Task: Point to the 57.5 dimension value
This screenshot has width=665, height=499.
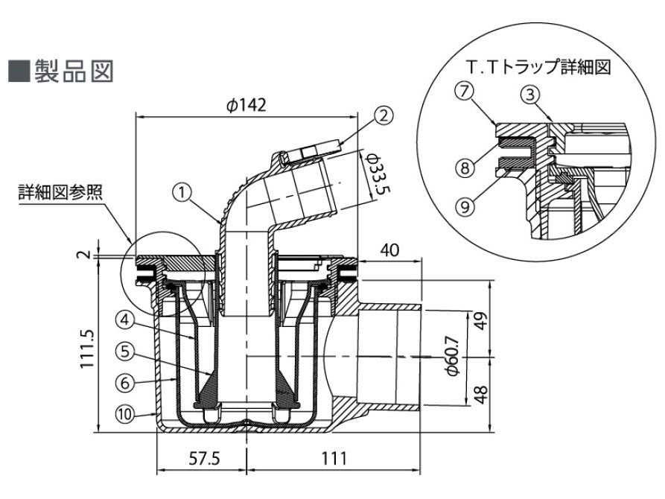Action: click(200, 460)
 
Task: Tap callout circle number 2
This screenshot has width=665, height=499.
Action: click(384, 115)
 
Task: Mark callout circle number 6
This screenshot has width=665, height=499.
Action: click(127, 381)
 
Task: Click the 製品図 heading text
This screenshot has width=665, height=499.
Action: click(73, 73)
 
